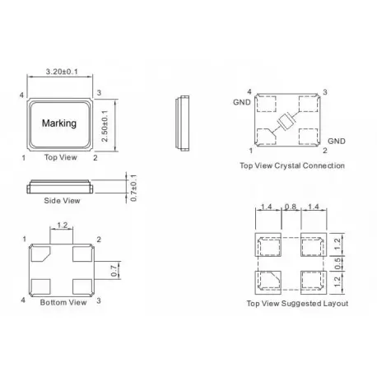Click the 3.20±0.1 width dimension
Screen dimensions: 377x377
[x=61, y=74]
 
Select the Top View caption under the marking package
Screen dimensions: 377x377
[x=62, y=157]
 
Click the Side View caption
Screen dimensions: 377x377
[x=62, y=200]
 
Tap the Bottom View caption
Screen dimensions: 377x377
[x=63, y=303]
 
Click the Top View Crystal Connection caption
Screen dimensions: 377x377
[x=291, y=165]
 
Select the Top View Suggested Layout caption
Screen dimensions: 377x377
[x=297, y=304]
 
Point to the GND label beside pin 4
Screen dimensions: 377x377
[x=240, y=103]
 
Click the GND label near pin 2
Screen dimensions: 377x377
[x=337, y=141]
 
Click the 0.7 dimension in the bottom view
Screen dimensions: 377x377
[x=113, y=268]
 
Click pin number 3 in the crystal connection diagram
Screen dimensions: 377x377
[x=326, y=91]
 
